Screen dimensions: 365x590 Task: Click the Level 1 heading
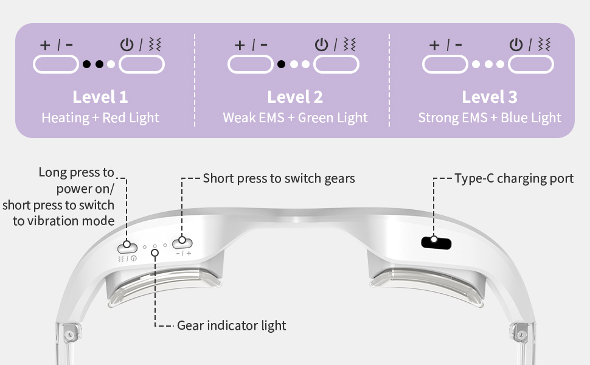click(x=100, y=97)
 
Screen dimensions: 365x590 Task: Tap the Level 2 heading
click(x=295, y=97)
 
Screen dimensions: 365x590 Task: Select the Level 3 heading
click(x=490, y=97)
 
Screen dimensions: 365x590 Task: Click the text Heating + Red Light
click(x=100, y=117)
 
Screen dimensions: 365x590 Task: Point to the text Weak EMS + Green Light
click(x=295, y=117)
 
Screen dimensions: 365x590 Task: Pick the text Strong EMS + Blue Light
click(x=490, y=117)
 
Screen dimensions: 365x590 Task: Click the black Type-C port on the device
click(x=436, y=242)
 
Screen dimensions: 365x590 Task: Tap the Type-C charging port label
click(x=514, y=178)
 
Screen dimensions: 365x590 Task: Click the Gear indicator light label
click(x=231, y=325)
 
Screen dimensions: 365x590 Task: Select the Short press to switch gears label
click(x=279, y=178)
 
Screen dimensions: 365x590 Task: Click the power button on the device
click(x=127, y=246)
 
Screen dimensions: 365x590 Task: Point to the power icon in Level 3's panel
click(x=516, y=44)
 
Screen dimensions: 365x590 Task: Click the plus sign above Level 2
click(x=240, y=44)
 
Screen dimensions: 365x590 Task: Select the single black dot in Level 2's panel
click(x=281, y=64)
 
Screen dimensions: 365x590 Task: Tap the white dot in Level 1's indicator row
click(x=111, y=64)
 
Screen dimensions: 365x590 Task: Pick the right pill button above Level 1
click(x=142, y=64)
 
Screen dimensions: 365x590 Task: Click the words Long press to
click(x=76, y=172)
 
